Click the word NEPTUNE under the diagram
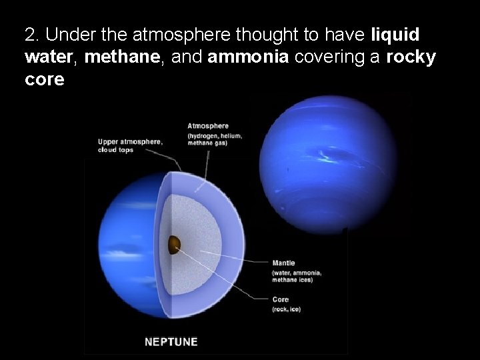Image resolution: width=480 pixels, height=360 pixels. click(x=171, y=342)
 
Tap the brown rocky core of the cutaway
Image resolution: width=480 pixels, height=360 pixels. click(x=175, y=245)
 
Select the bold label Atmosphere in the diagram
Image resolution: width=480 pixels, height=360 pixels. click(x=208, y=125)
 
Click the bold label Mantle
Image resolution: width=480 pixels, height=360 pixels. click(x=283, y=263)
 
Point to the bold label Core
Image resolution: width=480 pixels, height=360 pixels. click(x=281, y=299)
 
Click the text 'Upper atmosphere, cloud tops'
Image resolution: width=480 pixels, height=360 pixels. click(x=129, y=145)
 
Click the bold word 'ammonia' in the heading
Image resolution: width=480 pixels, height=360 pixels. click(x=248, y=57)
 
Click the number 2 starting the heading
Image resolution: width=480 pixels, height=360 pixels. click(x=28, y=35)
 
